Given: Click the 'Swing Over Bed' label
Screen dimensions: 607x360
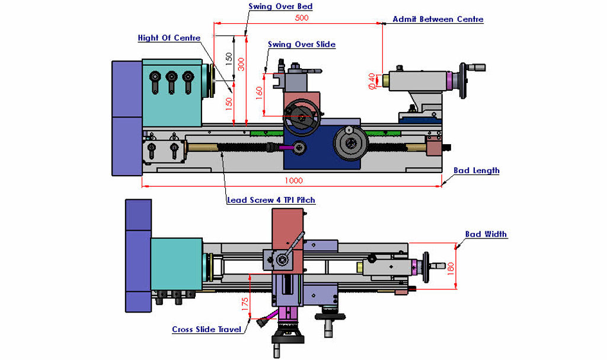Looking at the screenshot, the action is point(280,6).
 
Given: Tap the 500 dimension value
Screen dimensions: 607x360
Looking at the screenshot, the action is point(302,18).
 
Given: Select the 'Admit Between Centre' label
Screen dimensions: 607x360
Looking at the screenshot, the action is point(438,19).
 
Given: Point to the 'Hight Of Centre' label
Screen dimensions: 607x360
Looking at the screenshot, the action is point(169,38).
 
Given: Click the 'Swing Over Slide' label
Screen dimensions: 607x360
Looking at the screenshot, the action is point(302,44).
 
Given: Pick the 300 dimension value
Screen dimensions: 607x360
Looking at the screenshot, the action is point(241,64).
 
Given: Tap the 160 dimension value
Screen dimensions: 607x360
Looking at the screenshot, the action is point(259,93).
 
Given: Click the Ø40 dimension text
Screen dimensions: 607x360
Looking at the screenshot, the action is point(372,81).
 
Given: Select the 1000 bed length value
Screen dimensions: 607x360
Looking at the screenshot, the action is point(294,180).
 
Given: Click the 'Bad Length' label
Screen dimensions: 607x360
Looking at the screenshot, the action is point(477,170).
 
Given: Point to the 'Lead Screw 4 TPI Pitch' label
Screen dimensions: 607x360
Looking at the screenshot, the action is point(271,200).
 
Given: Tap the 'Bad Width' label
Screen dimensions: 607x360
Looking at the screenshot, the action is point(486,234).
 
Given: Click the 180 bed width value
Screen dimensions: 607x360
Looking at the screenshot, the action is point(451,269).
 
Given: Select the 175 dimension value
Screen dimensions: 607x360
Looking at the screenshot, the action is point(245,304).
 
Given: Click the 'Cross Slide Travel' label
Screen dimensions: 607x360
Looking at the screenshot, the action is point(207,329).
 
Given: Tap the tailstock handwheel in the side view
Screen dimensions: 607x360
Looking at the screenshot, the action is point(463,81).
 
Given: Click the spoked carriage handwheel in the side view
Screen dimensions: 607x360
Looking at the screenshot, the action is point(302,117).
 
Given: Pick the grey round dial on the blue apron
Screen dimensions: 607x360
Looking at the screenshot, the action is point(350,143).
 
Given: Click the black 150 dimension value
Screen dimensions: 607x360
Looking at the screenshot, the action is point(229,59).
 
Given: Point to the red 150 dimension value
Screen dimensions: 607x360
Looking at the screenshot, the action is point(229,104).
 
